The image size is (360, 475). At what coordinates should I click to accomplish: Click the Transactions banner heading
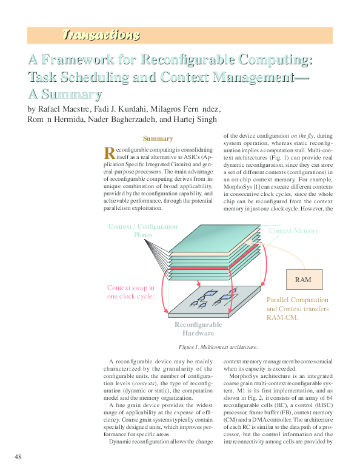tap(101, 35)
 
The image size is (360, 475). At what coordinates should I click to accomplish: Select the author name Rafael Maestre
tap(64, 109)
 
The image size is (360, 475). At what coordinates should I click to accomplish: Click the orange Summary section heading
tap(157, 138)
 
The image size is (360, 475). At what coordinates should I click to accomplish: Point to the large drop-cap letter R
tap(109, 152)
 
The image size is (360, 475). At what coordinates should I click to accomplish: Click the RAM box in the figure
tap(302, 280)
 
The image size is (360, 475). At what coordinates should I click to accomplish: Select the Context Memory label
tap(293, 231)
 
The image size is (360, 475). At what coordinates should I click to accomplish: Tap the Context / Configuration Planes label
tap(142, 231)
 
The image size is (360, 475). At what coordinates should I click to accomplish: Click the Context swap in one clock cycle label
tap(130, 292)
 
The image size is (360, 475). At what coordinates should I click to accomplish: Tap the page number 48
tap(18, 456)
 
